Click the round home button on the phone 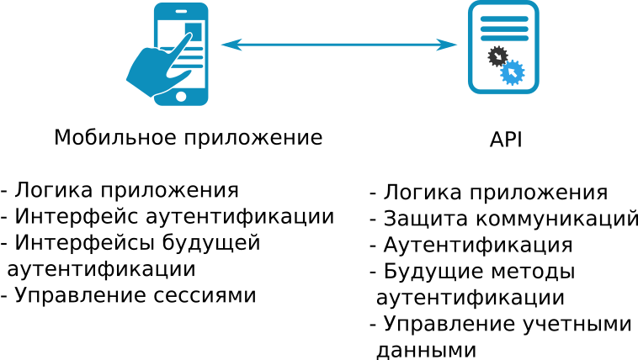click(x=181, y=97)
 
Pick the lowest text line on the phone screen click(x=195, y=66)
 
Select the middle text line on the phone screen click(x=195, y=57)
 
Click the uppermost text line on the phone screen click(x=195, y=49)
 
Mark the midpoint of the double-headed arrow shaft click(x=339, y=45)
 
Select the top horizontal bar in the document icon click(x=504, y=19)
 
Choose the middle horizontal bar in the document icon click(x=504, y=28)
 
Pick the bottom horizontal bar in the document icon click(x=504, y=38)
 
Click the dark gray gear click(x=497, y=56)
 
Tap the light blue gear click(x=512, y=72)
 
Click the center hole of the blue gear click(x=512, y=72)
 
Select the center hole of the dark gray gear click(x=497, y=56)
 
